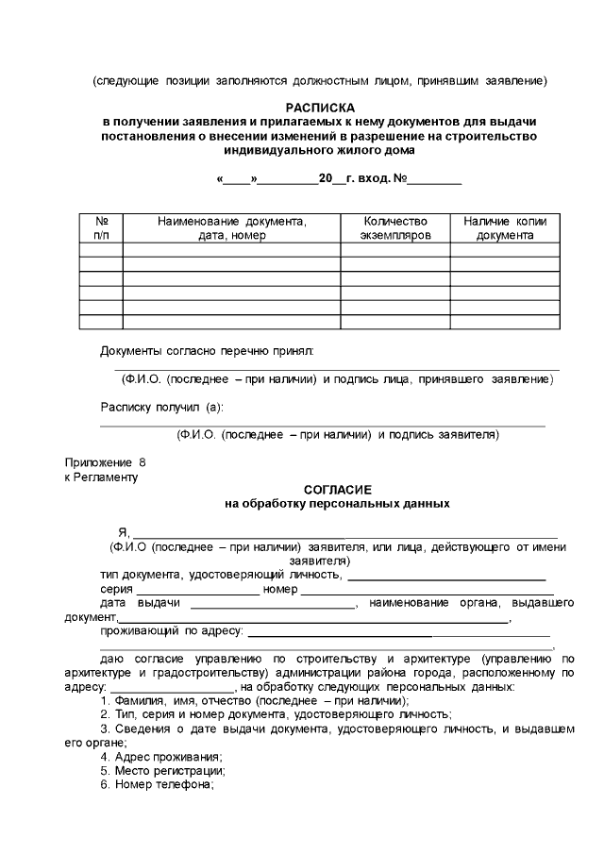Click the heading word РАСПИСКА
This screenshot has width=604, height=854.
[319, 109]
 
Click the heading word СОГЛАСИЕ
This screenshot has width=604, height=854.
[337, 490]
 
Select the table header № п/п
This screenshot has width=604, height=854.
[101, 227]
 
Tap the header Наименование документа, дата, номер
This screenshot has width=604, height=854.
[232, 227]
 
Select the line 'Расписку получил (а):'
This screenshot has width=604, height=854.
[162, 407]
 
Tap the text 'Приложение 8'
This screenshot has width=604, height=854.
[105, 463]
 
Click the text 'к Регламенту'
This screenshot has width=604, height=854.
[101, 477]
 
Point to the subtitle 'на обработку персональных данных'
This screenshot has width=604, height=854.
[337, 504]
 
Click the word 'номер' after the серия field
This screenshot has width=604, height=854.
[280, 589]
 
